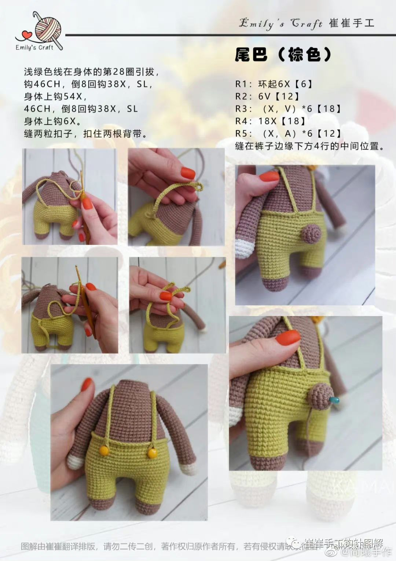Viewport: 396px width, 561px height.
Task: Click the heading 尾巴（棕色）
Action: pos(283,55)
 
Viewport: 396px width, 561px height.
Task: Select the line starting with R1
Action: pos(275,84)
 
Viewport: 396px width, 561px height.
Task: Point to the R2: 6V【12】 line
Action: pos(268,96)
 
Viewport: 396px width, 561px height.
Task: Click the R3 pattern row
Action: pos(289,109)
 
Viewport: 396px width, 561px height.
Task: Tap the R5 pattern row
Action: pos(289,134)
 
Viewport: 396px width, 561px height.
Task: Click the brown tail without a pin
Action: pos(312,232)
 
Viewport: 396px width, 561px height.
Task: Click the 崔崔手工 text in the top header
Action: pos(352,23)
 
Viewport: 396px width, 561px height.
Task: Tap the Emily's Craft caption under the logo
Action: pos(34,47)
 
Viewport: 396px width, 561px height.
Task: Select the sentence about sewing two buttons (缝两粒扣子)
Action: pos(87,134)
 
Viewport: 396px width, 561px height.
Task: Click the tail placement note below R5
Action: pos(310,146)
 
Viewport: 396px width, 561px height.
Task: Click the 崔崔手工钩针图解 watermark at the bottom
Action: pos(343,542)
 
